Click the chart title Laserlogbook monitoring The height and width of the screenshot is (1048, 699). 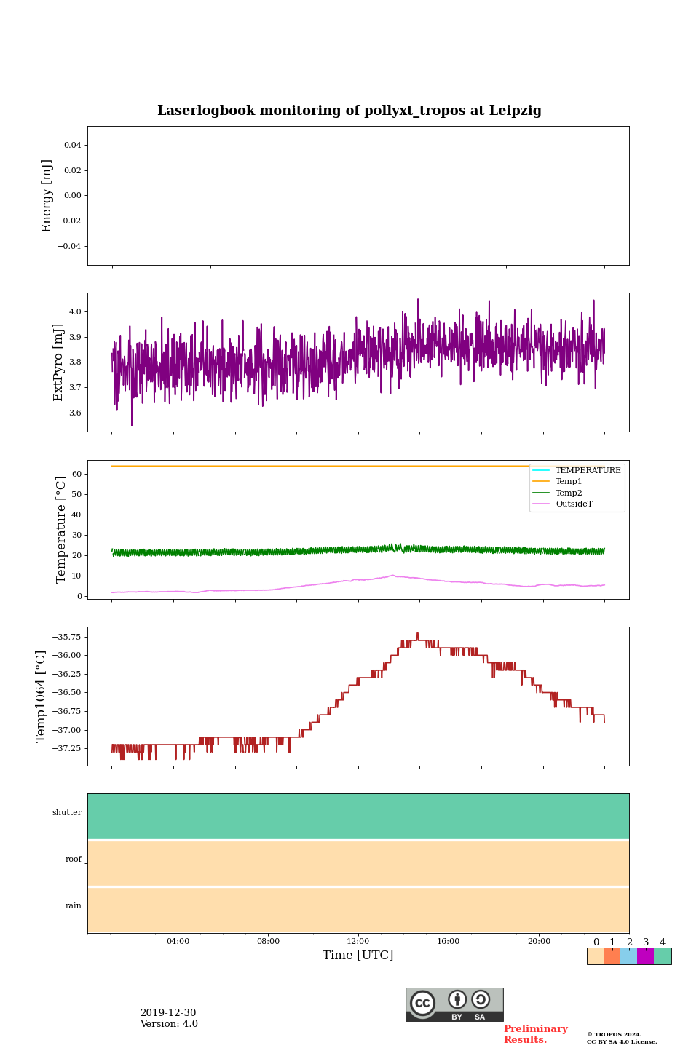click(x=349, y=111)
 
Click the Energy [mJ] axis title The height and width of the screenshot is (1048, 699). click(x=47, y=196)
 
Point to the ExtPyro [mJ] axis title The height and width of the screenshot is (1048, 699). click(x=59, y=362)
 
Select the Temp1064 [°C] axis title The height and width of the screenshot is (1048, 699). click(x=42, y=696)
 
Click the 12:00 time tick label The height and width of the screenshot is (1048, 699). click(x=358, y=941)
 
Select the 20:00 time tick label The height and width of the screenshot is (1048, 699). click(x=539, y=941)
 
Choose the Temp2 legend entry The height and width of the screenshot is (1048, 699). click(x=569, y=493)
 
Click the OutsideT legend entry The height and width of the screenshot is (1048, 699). click(x=574, y=504)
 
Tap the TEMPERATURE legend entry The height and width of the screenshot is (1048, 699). click(x=588, y=470)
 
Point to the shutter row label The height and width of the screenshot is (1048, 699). click(x=67, y=813)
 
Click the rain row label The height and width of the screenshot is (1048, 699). click(x=74, y=906)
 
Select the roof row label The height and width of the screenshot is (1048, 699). click(x=74, y=860)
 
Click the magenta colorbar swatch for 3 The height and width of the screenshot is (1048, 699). click(x=645, y=956)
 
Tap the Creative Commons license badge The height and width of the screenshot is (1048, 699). click(x=454, y=1004)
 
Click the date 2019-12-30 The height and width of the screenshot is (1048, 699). click(x=168, y=1013)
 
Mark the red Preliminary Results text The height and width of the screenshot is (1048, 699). click(x=535, y=1034)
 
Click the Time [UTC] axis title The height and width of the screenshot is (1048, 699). click(x=358, y=956)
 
